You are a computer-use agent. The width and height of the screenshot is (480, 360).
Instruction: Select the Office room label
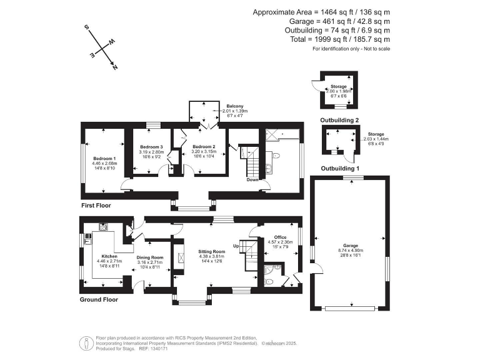(x=279, y=237)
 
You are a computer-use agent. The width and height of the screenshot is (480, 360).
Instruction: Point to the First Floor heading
(x=97, y=205)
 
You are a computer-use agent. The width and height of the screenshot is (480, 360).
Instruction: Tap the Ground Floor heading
(x=99, y=299)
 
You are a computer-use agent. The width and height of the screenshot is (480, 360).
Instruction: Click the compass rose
(x=102, y=47)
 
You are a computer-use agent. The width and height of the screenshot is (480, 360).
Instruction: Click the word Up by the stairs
(x=237, y=246)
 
